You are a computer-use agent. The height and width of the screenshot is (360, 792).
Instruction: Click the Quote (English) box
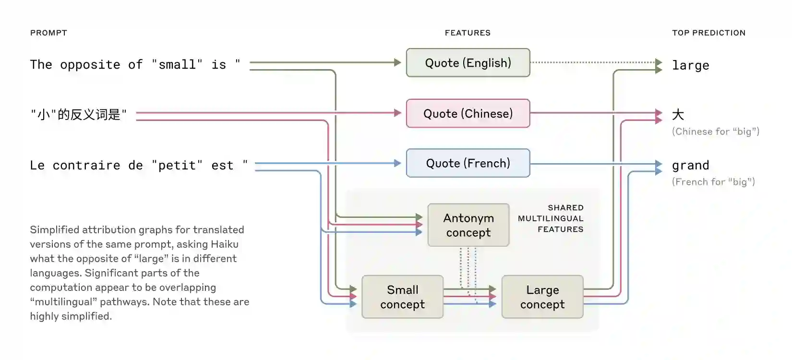pos(468,63)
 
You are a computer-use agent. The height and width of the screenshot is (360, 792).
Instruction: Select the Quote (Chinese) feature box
pos(468,114)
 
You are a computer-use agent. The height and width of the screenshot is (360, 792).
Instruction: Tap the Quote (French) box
pos(468,164)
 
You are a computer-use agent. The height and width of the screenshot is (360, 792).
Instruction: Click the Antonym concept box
pos(468,225)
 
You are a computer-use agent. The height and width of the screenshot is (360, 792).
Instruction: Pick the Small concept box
pos(402,297)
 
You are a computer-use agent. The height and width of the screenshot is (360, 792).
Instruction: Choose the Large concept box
pos(542,297)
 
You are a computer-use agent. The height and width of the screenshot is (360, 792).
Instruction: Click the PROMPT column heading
pos(48,33)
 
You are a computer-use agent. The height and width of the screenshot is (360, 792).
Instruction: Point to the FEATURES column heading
pos(468,33)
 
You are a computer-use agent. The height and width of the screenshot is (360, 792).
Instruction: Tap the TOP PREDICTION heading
pos(708,33)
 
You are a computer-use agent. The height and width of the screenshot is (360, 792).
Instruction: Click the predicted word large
pos(690,65)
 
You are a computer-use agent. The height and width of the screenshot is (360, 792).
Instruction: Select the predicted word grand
pos(690,166)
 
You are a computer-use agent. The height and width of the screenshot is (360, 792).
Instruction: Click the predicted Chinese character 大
pos(678,115)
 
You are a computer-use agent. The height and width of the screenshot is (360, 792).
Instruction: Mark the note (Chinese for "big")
pos(715,132)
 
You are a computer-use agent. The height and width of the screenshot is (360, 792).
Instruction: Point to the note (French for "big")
pos(713,182)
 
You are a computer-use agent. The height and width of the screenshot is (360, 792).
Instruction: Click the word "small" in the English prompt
pos(177,65)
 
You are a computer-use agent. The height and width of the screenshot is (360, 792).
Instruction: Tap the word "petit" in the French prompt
pos(177,166)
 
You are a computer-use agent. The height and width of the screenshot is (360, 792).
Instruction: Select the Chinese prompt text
pos(79,115)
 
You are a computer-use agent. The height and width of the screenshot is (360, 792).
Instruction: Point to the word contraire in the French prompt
pos(86,166)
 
